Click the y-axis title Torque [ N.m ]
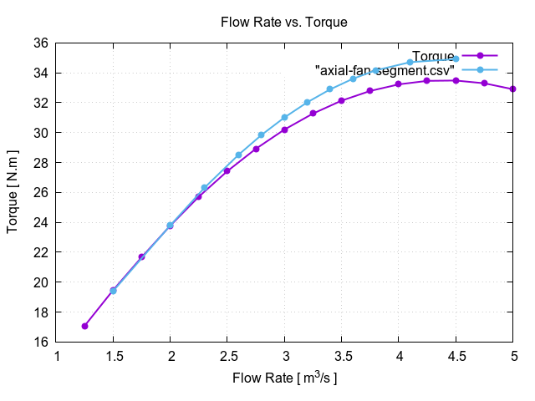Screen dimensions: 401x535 click(x=13, y=192)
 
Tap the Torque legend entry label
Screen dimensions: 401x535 click(x=433, y=56)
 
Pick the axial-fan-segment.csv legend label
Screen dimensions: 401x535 click(x=385, y=70)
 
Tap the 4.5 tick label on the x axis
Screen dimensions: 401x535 click(x=456, y=357)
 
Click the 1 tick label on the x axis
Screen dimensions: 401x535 click(x=57, y=357)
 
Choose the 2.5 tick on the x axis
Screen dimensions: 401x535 click(x=227, y=357)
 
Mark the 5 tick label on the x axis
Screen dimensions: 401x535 click(x=512, y=357)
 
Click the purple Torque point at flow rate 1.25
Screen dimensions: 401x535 click(x=85, y=326)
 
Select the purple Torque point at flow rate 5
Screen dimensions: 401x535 click(x=512, y=89)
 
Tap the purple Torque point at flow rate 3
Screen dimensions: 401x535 click(x=284, y=129)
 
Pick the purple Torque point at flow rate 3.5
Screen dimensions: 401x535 click(x=341, y=100)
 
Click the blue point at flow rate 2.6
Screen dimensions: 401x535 click(x=239, y=155)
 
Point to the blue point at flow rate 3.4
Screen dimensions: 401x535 click(x=330, y=89)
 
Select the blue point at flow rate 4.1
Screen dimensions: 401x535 click(x=410, y=62)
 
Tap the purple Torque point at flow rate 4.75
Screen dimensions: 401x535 click(x=484, y=83)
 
